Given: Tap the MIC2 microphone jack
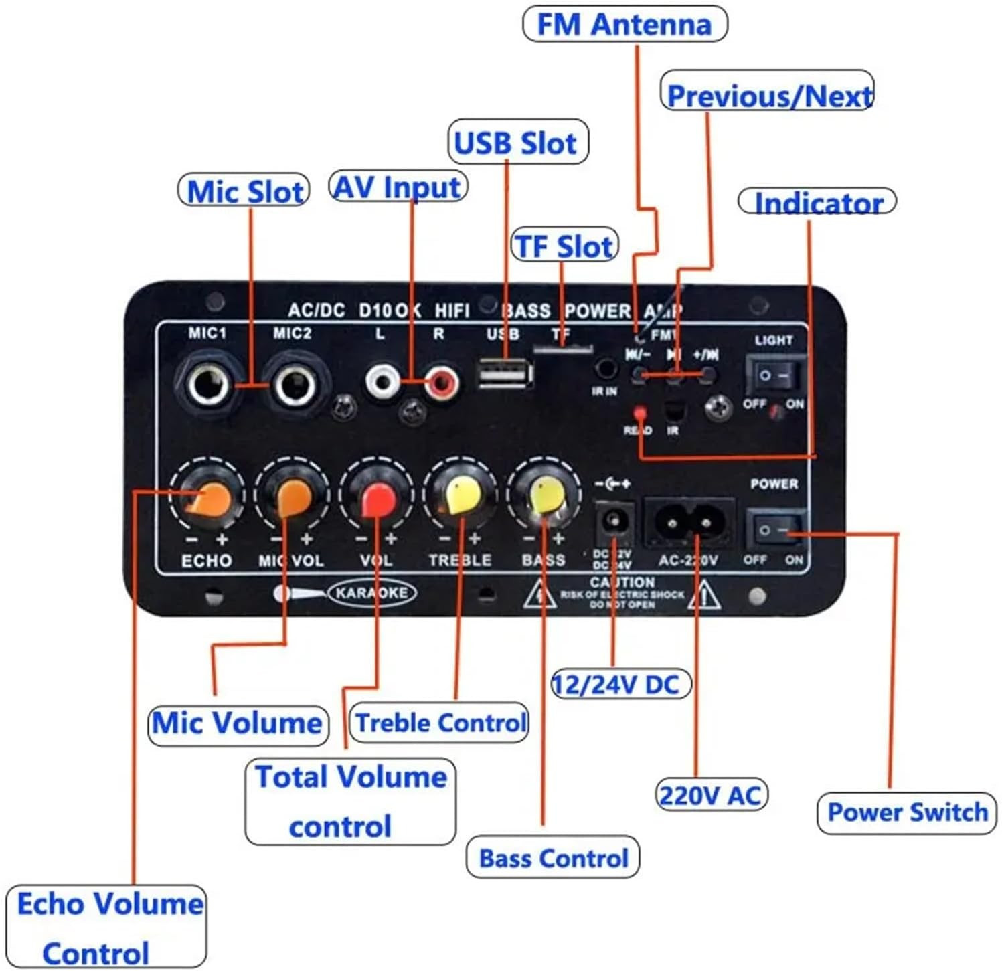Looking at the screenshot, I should point(295,385).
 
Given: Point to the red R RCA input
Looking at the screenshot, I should point(442,383).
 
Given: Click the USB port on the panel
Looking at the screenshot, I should point(505,373).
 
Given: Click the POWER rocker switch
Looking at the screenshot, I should point(775,530).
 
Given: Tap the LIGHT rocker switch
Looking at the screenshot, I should point(775,375).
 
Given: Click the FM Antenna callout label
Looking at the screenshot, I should point(624,25).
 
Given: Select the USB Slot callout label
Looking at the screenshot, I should point(517,143).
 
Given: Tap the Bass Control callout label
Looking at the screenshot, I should point(554,858).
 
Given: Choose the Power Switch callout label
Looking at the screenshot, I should point(907,812).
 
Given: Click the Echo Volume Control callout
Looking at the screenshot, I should point(106,928).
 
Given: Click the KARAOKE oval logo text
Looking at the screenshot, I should point(371,593).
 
